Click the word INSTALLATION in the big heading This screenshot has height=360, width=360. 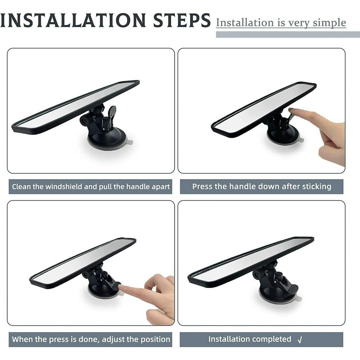[73, 20]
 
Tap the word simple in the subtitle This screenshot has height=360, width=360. [329, 23]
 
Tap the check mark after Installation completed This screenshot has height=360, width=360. [300, 340]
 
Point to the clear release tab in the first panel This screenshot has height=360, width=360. [130, 142]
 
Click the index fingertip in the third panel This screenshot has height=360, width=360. [121, 287]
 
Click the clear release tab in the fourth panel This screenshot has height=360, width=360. [298, 299]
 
